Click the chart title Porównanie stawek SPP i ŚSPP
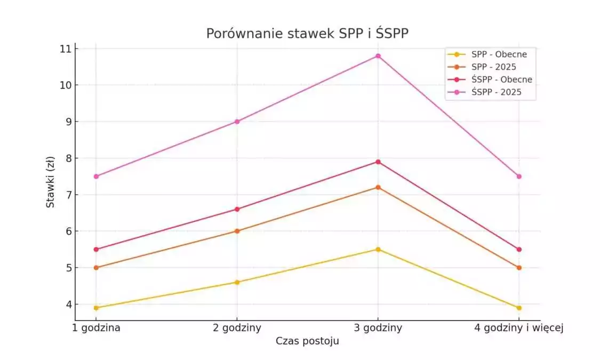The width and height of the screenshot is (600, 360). tap(307, 34)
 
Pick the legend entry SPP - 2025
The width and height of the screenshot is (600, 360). tap(493, 67)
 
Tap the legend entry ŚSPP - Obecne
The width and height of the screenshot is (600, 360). tap(501, 79)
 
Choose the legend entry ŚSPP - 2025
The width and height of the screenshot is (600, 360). tap(496, 92)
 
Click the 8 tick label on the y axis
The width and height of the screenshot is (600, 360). tap(68, 158)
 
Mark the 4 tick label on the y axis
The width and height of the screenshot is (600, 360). tap(68, 305)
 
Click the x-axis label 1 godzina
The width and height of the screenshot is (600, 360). tap(96, 328)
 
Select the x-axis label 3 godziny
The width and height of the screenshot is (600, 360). tap(378, 328)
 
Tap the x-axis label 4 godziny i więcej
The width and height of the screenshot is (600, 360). tap(518, 328)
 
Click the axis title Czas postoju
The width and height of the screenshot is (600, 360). tap(307, 341)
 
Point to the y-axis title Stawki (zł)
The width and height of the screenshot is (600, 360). tap(50, 182)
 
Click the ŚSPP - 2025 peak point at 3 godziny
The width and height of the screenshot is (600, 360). tap(378, 56)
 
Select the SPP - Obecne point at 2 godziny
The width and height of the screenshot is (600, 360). tap(237, 282)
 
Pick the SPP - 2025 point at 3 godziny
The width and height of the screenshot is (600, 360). tap(378, 187)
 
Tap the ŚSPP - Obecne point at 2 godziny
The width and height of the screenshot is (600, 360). tap(237, 209)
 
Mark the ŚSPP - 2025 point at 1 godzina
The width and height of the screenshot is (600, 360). tap(96, 176)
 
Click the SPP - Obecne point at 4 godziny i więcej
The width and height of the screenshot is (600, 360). tap(519, 308)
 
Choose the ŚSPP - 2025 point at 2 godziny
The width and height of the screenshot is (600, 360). tap(237, 122)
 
